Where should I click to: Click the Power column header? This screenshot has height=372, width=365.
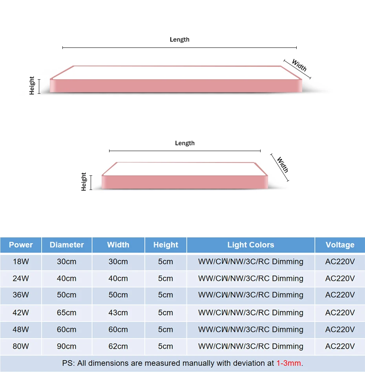tap(21, 245)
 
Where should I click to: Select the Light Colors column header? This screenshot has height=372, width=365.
tap(251, 245)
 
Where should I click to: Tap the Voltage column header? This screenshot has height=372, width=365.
tap(340, 245)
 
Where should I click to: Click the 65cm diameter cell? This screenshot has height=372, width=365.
tap(66, 313)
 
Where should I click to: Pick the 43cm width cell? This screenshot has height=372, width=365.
tap(118, 313)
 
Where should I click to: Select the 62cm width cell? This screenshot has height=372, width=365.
tap(118, 346)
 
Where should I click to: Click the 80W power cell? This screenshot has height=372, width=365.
tap(21, 346)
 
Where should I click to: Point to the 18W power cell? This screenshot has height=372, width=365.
tap(21, 262)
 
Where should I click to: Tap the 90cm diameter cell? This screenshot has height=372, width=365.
tap(66, 346)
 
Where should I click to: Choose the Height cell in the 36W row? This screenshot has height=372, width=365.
tap(166, 295)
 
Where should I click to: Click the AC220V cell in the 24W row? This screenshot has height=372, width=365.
tap(340, 279)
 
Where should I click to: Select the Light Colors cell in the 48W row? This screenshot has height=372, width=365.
tap(251, 330)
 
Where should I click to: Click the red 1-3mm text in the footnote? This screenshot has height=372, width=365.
tap(288, 363)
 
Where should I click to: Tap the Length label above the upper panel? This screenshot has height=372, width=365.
tap(180, 40)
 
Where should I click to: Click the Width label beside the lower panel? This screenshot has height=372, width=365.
tap(283, 165)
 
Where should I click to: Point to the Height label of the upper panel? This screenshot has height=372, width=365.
tap(31, 86)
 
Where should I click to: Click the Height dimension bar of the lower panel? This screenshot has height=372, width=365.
tap(91, 182)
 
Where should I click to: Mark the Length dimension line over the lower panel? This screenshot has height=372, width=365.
tap(184, 151)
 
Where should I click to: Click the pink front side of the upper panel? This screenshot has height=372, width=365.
tap(176, 86)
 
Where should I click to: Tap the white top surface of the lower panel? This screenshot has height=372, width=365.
tap(185, 169)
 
